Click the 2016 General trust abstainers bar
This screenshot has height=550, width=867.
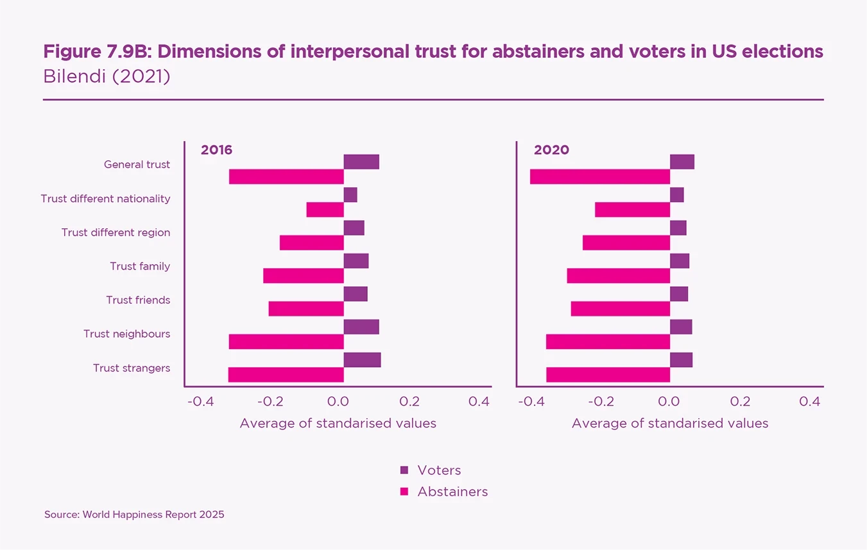click(x=286, y=176)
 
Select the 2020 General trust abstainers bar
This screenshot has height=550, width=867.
click(x=600, y=176)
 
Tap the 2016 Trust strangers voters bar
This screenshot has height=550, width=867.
click(x=362, y=360)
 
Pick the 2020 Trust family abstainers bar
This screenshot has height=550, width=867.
click(x=619, y=276)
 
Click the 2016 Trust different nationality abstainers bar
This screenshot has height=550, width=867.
click(x=325, y=210)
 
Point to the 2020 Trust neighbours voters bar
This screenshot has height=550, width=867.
click(x=681, y=327)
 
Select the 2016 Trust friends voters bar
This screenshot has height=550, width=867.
click(x=356, y=294)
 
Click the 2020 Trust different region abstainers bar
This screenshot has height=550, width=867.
click(x=626, y=243)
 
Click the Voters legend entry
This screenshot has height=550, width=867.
click(x=431, y=470)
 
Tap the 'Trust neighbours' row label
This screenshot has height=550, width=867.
click(x=127, y=334)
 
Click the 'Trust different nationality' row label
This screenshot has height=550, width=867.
click(x=106, y=199)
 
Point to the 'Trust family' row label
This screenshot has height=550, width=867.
click(x=140, y=266)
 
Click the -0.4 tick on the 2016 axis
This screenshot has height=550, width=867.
click(x=200, y=402)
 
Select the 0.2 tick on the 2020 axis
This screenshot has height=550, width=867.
click(x=740, y=402)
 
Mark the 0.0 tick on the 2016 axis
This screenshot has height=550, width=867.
click(x=339, y=402)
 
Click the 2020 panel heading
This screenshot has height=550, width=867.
click(x=551, y=150)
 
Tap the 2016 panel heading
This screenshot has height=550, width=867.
click(x=216, y=150)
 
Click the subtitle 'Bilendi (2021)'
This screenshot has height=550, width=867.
click(x=107, y=76)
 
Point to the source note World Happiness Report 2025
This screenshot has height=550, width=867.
click(x=134, y=515)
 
